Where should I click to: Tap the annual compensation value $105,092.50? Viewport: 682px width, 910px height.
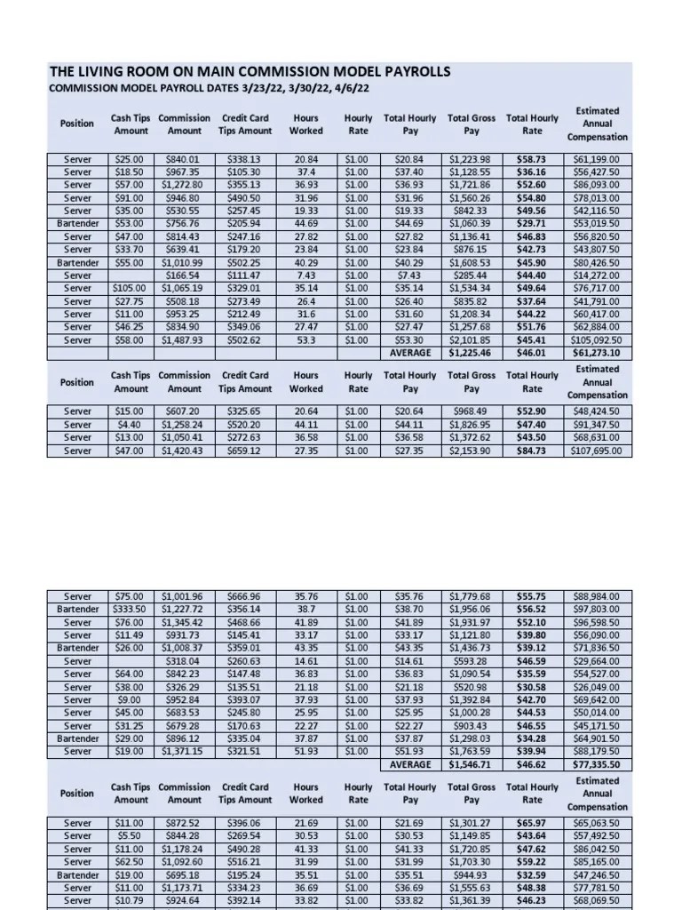[597, 339]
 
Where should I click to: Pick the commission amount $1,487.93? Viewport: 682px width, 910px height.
[184, 339]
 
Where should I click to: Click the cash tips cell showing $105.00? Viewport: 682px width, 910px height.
[131, 288]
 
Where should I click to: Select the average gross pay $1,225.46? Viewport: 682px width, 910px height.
[471, 353]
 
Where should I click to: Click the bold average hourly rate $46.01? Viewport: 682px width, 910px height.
[531, 353]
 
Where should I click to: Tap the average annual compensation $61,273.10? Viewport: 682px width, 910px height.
[597, 353]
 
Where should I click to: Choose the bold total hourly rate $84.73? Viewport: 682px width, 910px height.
[531, 451]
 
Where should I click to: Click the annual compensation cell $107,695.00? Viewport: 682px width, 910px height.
[597, 451]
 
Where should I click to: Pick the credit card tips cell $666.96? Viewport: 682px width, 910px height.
[244, 596]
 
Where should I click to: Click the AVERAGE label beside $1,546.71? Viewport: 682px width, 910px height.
[410, 764]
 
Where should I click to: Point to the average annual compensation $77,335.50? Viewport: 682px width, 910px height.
[597, 764]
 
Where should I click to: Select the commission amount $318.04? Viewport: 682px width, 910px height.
[184, 661]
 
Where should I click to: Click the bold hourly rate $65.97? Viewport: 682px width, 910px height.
[531, 823]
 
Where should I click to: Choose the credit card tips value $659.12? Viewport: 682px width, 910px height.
[244, 451]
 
